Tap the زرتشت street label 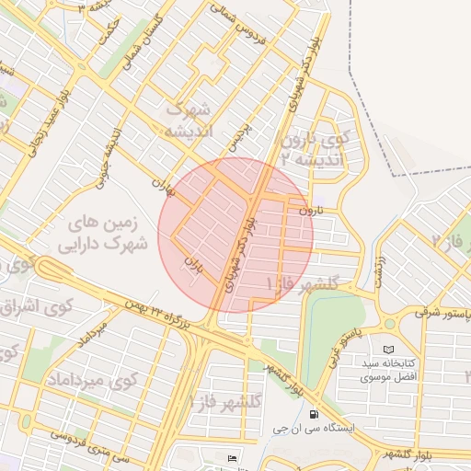[x=377, y=268]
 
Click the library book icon [x=387, y=350]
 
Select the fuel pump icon [x=316, y=414]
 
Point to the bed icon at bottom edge [x=232, y=458]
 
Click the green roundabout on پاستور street [x=390, y=324]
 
